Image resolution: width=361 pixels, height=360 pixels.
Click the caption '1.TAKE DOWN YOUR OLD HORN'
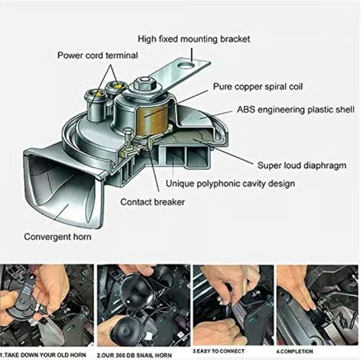(x=46, y=354)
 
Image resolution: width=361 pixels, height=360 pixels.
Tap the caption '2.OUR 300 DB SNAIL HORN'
(x=142, y=354)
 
